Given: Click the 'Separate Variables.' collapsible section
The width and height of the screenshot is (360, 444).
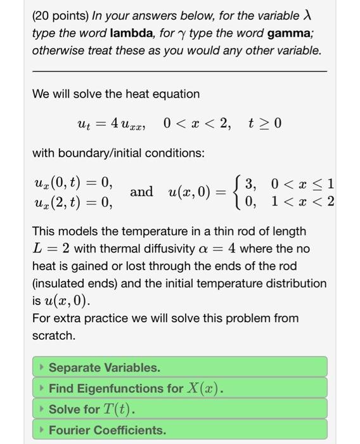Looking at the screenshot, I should (x=179, y=367).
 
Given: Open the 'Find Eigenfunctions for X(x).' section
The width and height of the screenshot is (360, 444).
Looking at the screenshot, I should (x=179, y=388).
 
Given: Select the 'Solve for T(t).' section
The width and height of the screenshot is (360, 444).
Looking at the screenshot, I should (x=179, y=409).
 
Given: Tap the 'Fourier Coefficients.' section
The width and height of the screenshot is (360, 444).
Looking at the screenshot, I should (x=179, y=430).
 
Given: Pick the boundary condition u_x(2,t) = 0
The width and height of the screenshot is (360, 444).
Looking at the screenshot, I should (x=72, y=202).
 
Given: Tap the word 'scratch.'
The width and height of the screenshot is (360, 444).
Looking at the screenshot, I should (x=54, y=334).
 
